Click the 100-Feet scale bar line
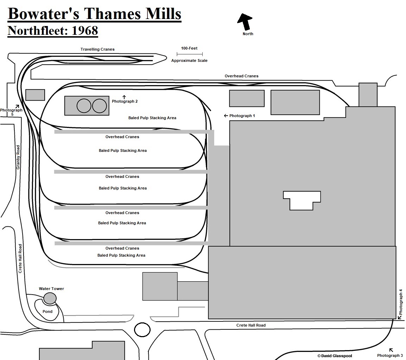click(x=190, y=54)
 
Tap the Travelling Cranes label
click(x=97, y=50)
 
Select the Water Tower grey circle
click(x=50, y=298)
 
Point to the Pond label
click(x=47, y=311)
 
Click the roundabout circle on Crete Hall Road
click(x=142, y=329)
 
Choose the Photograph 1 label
click(x=242, y=116)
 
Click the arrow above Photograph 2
click(x=124, y=97)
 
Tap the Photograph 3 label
click(x=390, y=355)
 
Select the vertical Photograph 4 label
click(x=401, y=302)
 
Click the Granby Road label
click(x=18, y=157)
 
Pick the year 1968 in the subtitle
click(x=85, y=31)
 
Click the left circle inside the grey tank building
click(x=84, y=105)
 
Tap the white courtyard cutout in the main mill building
click(x=302, y=199)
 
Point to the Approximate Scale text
click(x=189, y=60)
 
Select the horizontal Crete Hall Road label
click(x=251, y=325)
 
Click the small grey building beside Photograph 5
click(x=35, y=95)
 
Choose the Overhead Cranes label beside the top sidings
click(x=241, y=76)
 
